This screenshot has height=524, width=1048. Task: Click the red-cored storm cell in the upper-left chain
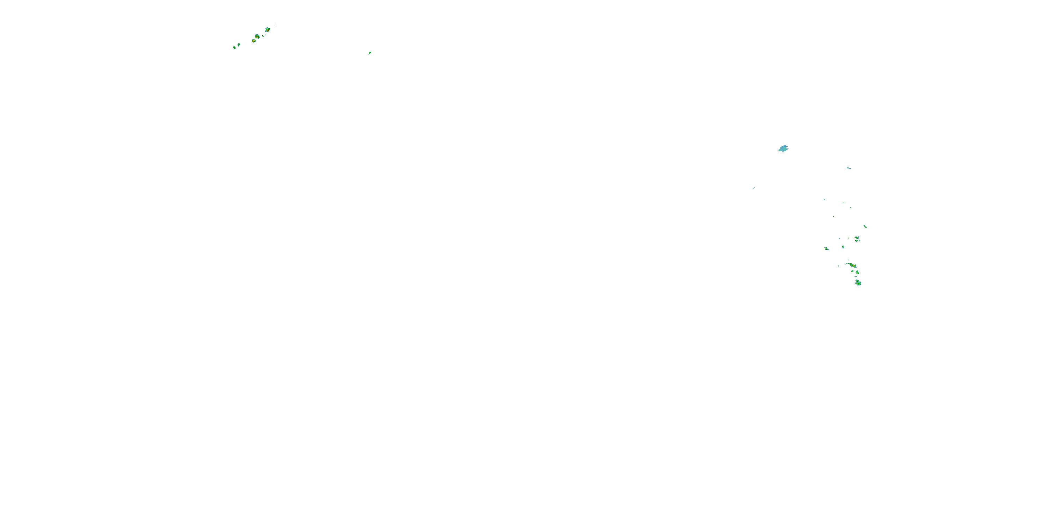[x=267, y=30]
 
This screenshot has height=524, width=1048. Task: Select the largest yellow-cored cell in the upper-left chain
[x=257, y=37]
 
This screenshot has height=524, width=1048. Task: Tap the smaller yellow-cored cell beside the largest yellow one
[x=254, y=41]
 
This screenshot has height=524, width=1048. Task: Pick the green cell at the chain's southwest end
[x=234, y=48]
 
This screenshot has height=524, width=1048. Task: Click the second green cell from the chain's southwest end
[x=239, y=45]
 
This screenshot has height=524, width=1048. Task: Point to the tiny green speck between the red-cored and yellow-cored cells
[x=263, y=36]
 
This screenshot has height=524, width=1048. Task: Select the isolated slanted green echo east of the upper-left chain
[x=370, y=53]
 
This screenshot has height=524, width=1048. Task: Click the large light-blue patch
[x=783, y=148]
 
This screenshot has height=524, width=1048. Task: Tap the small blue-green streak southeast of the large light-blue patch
[x=848, y=168]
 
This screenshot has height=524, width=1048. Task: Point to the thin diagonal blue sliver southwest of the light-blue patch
[x=754, y=188]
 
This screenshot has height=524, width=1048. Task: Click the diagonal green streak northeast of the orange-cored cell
[x=865, y=226]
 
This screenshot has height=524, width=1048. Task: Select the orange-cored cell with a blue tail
[x=857, y=238]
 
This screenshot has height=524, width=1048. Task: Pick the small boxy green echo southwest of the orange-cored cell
[x=843, y=247]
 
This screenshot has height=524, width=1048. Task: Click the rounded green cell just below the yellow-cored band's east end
[x=857, y=272]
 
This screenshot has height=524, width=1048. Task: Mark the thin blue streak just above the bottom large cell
[x=856, y=277]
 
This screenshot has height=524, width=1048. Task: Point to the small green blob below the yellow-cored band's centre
[x=853, y=271]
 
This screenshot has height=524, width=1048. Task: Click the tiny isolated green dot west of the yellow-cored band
[x=838, y=266]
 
